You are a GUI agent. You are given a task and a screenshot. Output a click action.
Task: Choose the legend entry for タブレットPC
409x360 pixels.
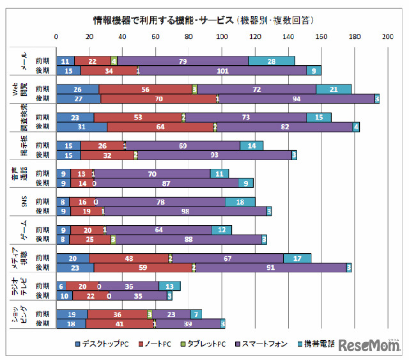(x=215, y=344)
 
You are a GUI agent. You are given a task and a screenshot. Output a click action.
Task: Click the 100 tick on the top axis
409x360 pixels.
(x=222, y=37)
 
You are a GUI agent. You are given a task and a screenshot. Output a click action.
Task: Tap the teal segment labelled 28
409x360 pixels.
(x=272, y=61)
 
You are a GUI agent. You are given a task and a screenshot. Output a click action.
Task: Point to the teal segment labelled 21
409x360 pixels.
(x=334, y=89)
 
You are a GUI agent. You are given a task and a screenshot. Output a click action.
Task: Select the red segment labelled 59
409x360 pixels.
(x=144, y=267)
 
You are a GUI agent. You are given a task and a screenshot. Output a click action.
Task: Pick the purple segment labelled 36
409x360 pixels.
(x=129, y=286)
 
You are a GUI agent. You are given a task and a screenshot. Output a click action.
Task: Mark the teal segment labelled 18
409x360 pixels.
(x=240, y=201)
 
